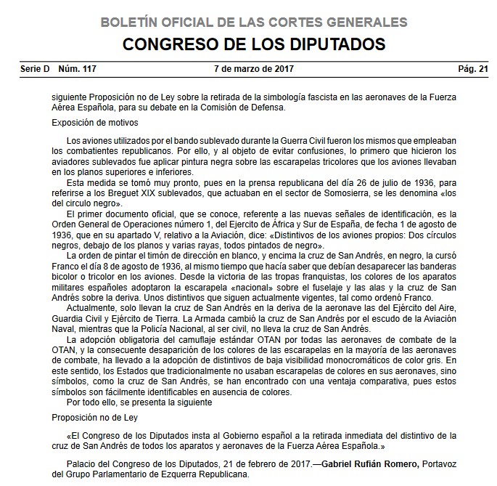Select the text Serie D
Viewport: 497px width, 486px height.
click(35, 69)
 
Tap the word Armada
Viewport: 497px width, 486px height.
click(222, 319)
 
